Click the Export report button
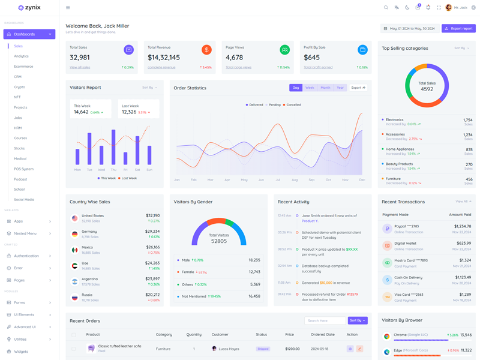[x=458, y=28]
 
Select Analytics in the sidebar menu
[x=21, y=56]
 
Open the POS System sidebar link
[x=24, y=169]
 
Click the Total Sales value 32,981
[x=80, y=58]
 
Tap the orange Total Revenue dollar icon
[x=206, y=50]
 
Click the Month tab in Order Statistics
[x=325, y=88]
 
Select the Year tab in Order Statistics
[x=340, y=88]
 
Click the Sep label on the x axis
[x=311, y=180]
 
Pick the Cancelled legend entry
[x=293, y=105]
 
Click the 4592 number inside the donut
[x=427, y=89]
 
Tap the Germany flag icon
[x=74, y=234]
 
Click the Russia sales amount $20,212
[x=152, y=295]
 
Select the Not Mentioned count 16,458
[x=254, y=296]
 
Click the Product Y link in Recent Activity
[x=310, y=221]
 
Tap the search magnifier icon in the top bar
[x=386, y=8]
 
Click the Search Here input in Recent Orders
[x=325, y=320]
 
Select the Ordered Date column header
[x=322, y=335]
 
